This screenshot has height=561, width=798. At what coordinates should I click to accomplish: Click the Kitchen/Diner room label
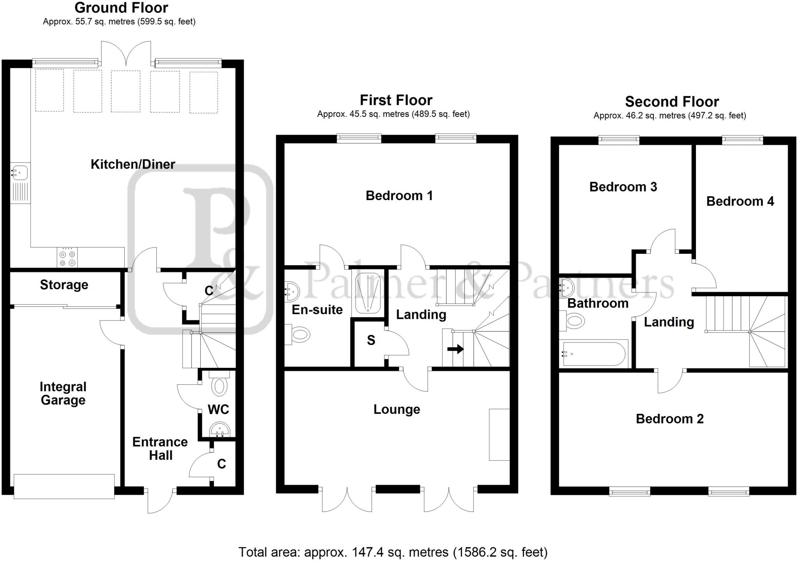click(x=133, y=164)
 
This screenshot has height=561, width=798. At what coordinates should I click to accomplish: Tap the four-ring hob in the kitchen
click(x=67, y=258)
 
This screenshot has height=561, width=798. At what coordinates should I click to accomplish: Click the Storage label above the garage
click(x=64, y=285)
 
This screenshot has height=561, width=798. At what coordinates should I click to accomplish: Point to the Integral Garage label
click(x=63, y=393)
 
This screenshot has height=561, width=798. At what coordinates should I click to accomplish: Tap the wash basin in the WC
click(x=220, y=431)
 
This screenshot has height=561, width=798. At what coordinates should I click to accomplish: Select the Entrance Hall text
click(x=160, y=448)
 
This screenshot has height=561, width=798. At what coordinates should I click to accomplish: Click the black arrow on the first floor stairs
click(x=455, y=349)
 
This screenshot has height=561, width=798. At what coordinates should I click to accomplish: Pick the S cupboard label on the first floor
click(x=371, y=341)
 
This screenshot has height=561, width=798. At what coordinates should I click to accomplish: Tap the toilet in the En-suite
click(x=299, y=334)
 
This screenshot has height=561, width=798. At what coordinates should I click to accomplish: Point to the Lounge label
click(x=397, y=409)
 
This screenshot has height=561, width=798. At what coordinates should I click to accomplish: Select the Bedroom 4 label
click(x=740, y=201)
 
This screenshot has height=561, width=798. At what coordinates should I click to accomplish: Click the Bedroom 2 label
click(x=669, y=419)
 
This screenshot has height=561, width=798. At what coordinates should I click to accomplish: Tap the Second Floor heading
click(x=672, y=102)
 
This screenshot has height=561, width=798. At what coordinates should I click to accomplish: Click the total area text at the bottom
click(x=393, y=552)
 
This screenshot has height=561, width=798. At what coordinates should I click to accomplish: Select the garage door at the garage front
click(x=64, y=486)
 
